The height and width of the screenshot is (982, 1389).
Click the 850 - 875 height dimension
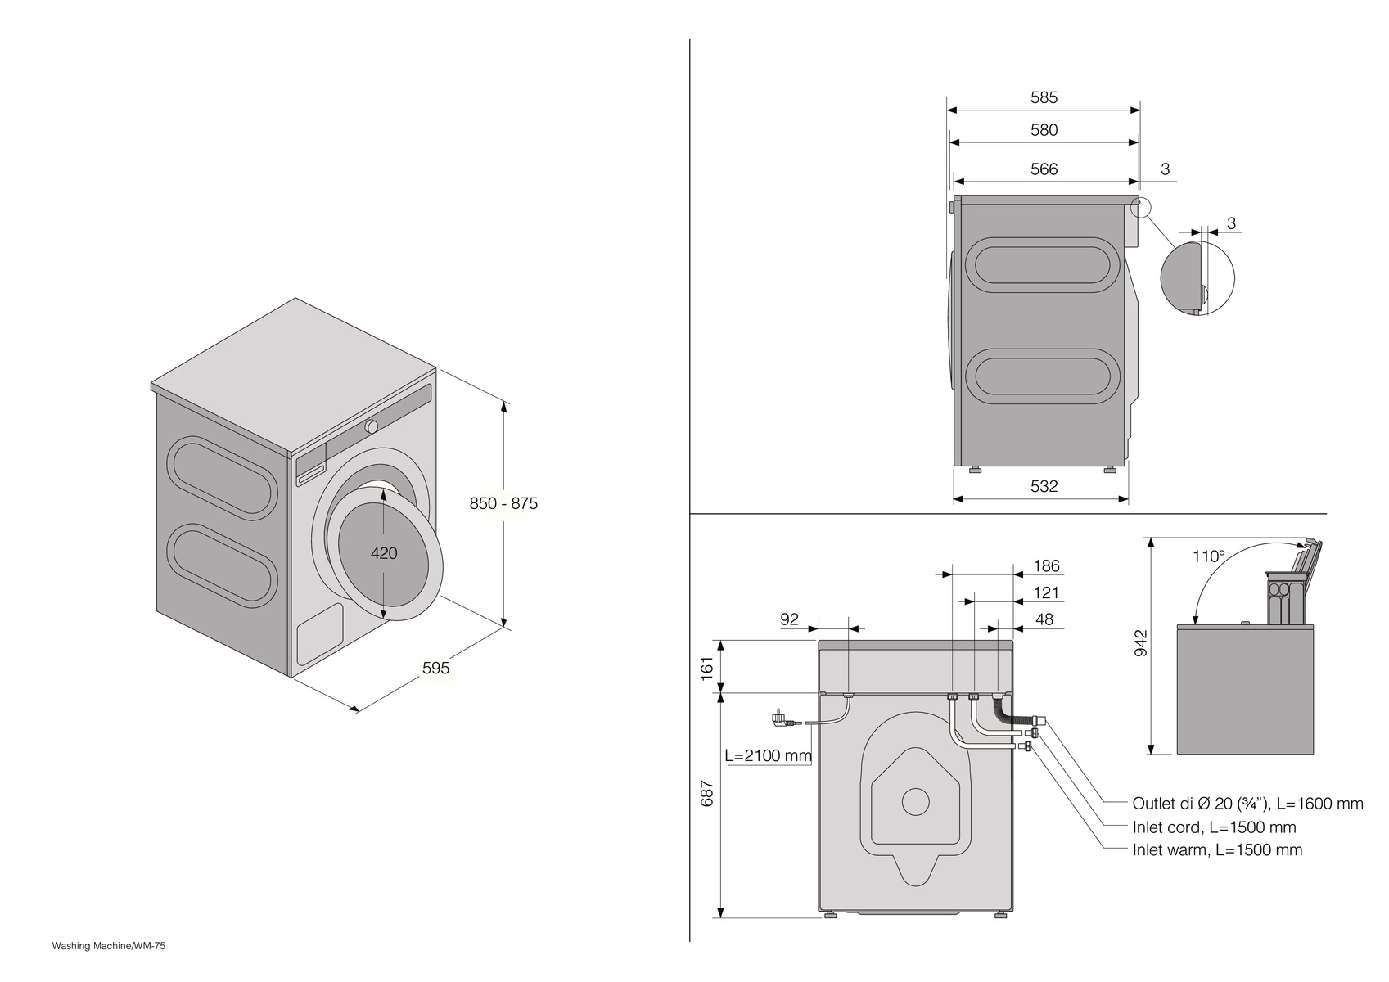[x=503, y=503]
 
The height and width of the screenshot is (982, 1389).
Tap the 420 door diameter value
[x=384, y=553]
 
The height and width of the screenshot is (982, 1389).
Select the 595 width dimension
[x=435, y=668]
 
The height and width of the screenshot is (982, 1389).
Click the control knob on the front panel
[x=372, y=426]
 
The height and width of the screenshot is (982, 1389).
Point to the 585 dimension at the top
[x=1044, y=97]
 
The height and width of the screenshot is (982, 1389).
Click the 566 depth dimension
[x=1044, y=169]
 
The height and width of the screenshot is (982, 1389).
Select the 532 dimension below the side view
[x=1044, y=486]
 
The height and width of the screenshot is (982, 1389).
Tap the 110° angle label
[x=1209, y=556]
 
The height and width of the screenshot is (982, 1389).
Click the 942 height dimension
[x=1143, y=642]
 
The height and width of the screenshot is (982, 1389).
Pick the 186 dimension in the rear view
[x=1046, y=565]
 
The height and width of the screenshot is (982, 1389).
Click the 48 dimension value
[x=1044, y=619]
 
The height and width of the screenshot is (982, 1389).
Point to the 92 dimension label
[x=789, y=619]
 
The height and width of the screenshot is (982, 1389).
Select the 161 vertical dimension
[x=708, y=665]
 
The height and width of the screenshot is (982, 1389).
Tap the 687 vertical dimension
[x=708, y=794]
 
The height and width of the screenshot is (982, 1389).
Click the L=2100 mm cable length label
[x=768, y=755]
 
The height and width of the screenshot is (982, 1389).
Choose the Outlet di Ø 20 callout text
[x=1247, y=804]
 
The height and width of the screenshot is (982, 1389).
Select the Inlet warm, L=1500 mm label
[x=1217, y=850]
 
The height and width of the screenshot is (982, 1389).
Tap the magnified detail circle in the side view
[x=1197, y=277]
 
